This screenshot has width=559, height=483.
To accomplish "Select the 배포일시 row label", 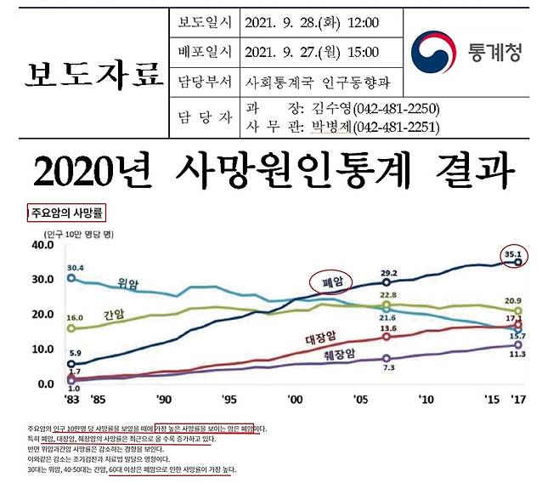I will [204, 52].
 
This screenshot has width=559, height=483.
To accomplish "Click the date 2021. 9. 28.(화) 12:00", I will [311, 21].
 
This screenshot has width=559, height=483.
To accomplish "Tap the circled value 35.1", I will [512, 253].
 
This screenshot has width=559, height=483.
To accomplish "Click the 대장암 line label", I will [321, 338].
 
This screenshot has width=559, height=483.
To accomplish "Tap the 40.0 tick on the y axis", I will [42, 244].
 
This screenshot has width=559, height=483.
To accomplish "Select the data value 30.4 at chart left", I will [75, 267].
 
